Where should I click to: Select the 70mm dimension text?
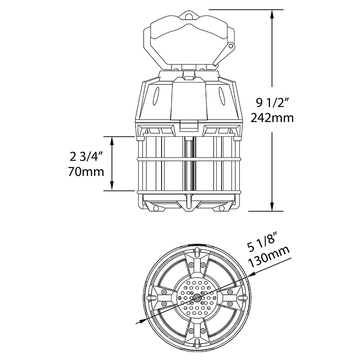(86, 172)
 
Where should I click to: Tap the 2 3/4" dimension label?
(86, 157)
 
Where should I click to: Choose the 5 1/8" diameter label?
(266, 247)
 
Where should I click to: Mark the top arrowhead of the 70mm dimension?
(113, 140)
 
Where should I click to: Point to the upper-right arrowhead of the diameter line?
(251, 275)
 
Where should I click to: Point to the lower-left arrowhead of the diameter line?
(140, 321)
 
